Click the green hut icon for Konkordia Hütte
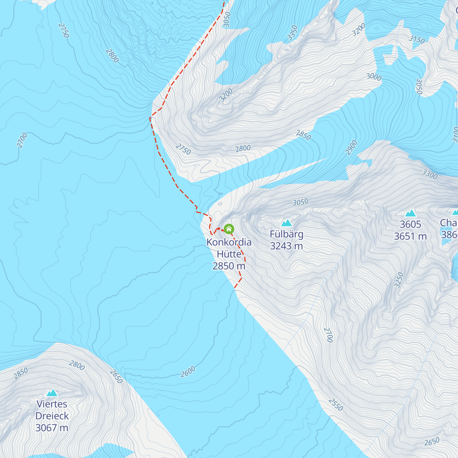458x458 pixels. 229,229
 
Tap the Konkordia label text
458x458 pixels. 229,242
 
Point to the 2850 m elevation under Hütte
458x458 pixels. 229,266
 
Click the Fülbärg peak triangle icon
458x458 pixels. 286,223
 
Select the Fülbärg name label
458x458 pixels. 286,234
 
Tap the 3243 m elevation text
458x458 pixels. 286,246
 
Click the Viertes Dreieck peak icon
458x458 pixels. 52,393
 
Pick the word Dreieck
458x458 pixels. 52,416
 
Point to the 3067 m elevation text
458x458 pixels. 52,428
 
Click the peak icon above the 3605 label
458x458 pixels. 410,213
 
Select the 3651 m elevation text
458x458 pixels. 410,237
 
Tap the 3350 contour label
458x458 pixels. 292,33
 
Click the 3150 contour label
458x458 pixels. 416,39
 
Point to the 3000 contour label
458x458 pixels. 374,77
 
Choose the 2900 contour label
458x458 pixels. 352,148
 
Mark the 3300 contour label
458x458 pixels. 429,174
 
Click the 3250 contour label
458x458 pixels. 399,280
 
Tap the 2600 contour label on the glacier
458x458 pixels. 188,371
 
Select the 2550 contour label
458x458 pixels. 335,405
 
